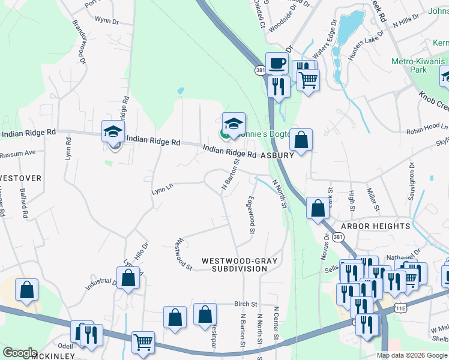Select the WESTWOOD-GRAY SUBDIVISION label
tap(234, 265)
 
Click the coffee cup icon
tap(277, 63)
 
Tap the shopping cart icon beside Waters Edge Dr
tap(309, 79)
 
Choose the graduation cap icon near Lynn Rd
tap(113, 132)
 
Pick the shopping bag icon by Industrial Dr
tap(128, 278)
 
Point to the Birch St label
tap(246, 304)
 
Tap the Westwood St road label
tap(182, 255)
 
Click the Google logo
tap(20, 353)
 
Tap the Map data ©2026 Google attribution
tap(412, 355)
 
